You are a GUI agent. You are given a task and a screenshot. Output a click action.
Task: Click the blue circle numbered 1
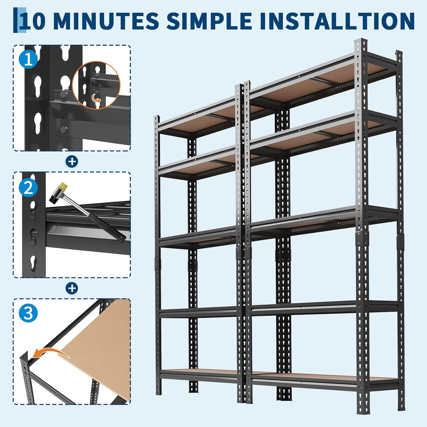click(28, 60)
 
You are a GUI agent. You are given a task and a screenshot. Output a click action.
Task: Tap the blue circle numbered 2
click(28, 187)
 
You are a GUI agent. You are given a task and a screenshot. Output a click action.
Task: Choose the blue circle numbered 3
click(28, 313)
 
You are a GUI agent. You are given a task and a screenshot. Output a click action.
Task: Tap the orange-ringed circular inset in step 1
click(97, 85)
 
